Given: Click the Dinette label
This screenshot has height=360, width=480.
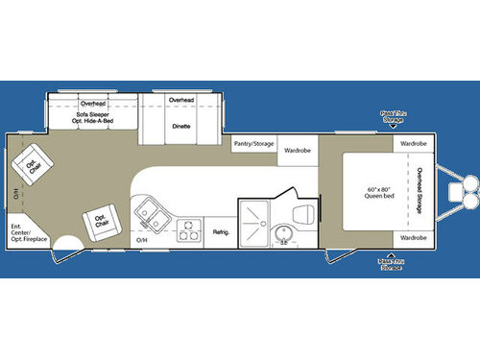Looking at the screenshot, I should [180, 124].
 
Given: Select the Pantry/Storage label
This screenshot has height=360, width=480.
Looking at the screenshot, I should [253, 144].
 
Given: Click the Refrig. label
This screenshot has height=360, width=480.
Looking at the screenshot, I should [220, 230].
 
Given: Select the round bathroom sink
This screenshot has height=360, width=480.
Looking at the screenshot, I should [284, 235].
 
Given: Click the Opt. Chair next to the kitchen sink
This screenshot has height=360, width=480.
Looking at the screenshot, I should [100, 221].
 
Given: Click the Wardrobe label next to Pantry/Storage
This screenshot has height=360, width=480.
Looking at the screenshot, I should [296, 150].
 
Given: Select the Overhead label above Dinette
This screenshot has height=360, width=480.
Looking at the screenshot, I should [180, 101].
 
